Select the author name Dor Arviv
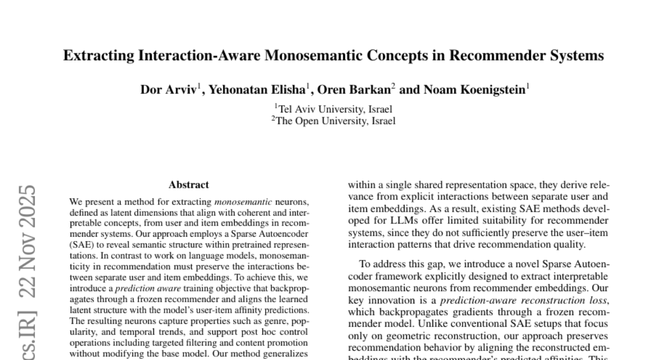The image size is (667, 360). pos(168,90)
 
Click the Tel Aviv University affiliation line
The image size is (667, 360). pos(333,109)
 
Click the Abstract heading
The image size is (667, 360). pos(189,185)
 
